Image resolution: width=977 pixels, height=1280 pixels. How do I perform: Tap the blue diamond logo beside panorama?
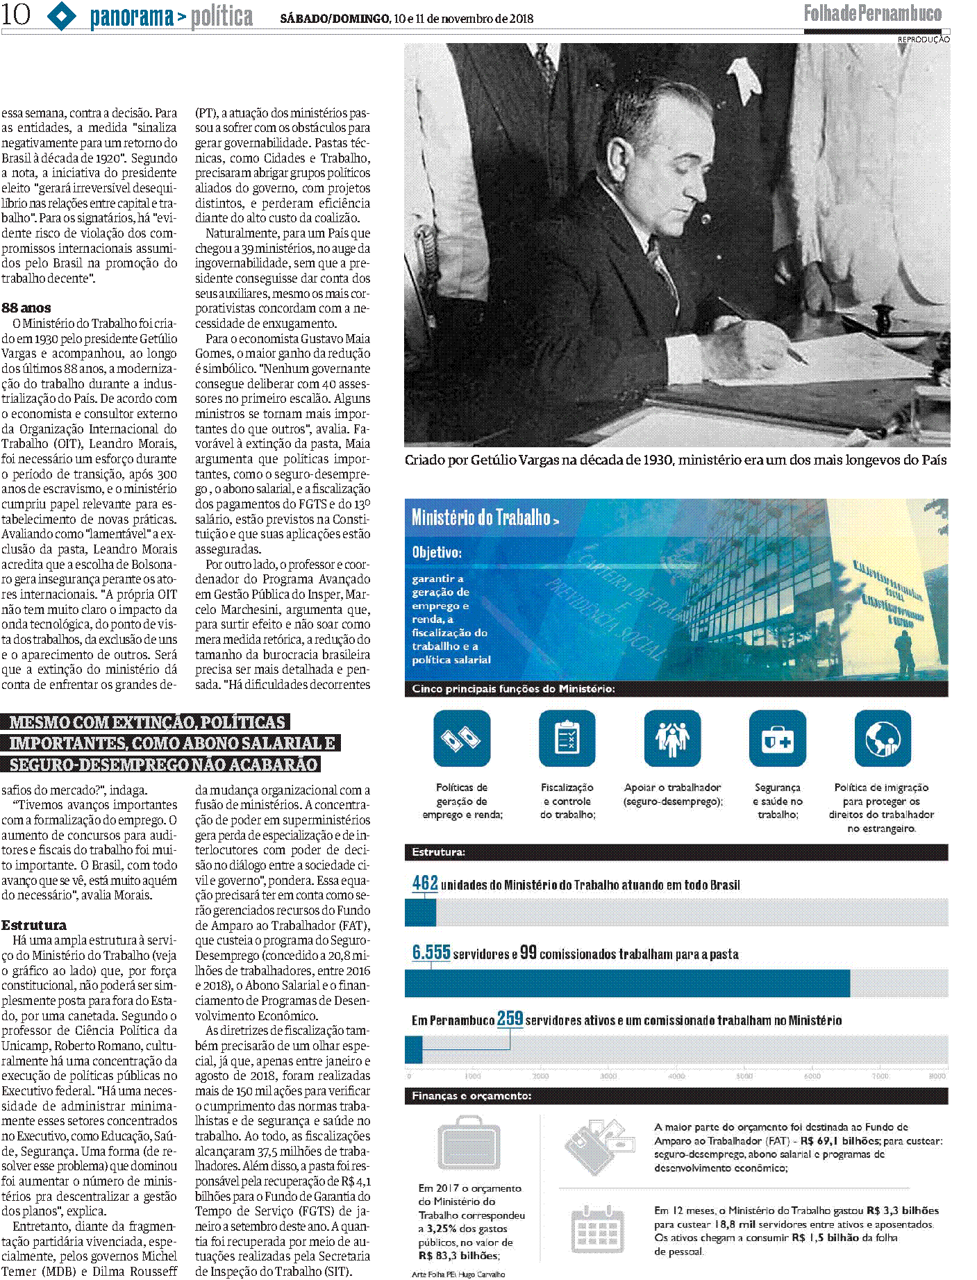62,15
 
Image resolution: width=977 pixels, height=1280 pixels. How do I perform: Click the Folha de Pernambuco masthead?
872,13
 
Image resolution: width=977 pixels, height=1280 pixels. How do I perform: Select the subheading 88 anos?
26,308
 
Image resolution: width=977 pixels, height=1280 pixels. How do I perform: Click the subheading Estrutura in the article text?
34,925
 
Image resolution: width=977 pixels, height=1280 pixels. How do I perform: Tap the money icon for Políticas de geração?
462,738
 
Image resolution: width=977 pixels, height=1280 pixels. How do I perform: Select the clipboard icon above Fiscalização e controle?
567,738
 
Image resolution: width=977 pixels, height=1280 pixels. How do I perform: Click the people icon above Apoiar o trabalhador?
672,738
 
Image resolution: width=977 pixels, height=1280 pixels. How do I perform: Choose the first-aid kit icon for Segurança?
777,738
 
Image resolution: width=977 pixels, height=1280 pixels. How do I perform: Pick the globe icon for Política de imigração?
882,738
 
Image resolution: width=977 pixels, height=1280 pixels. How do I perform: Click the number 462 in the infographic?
425,883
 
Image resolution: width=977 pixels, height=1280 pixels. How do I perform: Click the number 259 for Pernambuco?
510,1018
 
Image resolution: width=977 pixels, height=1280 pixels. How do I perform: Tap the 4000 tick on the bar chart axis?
676,1076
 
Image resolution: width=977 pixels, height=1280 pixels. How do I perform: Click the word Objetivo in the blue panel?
437,552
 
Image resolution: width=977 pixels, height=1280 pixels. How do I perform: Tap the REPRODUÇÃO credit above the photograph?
923,40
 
